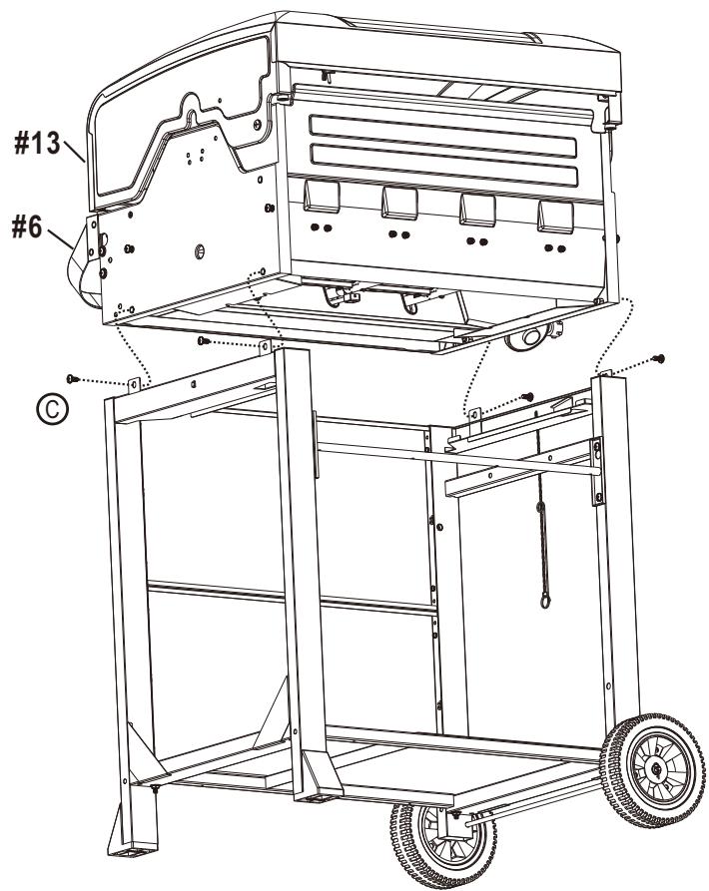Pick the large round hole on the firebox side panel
coord(199,247)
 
